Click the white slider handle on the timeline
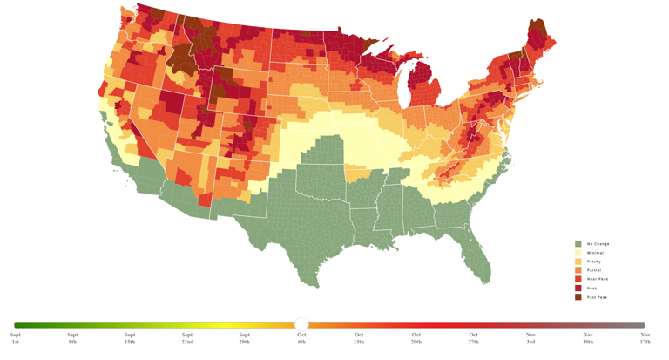pyautogui.click(x=301, y=324)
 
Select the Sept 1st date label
pyautogui.click(x=15, y=338)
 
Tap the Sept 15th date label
pyautogui.click(x=130, y=338)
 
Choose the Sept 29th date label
pyautogui.click(x=244, y=338)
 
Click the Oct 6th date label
pyautogui.click(x=301, y=338)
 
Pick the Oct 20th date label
pyautogui.click(x=416, y=338)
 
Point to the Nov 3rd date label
pyautogui.click(x=530, y=338)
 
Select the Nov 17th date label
pyautogui.click(x=645, y=338)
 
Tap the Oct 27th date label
pyautogui.click(x=473, y=338)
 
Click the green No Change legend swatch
pyautogui.click(x=578, y=244)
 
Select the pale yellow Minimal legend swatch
pyautogui.click(x=578, y=253)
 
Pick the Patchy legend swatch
pyautogui.click(x=578, y=262)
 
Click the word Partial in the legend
pyautogui.click(x=594, y=270)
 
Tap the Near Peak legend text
pyautogui.click(x=598, y=279)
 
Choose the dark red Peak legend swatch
pyautogui.click(x=578, y=288)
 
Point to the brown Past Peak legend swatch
pyautogui.click(x=578, y=297)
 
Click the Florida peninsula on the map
pyautogui.click(x=478, y=253)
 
